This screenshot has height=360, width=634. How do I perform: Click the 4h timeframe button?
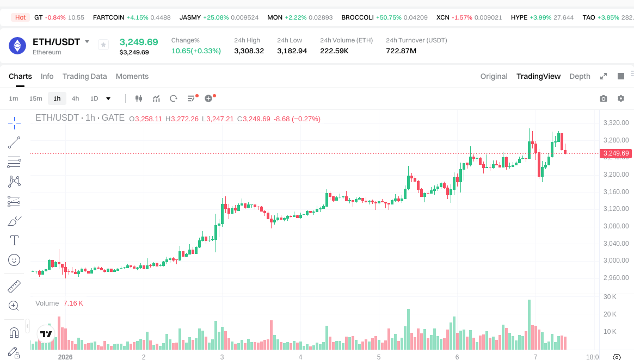[75, 98]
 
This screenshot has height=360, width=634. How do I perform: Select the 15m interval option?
[35, 98]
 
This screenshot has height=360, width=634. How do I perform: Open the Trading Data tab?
[84, 76]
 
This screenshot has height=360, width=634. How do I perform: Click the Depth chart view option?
[580, 76]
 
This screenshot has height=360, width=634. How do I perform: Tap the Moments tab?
[132, 76]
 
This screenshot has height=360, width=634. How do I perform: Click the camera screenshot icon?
[604, 98]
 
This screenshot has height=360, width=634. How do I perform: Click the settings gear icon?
[621, 98]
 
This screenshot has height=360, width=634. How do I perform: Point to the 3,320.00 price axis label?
[616, 123]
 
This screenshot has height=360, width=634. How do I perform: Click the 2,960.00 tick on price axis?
[616, 277]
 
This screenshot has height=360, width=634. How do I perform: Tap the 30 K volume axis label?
[610, 297]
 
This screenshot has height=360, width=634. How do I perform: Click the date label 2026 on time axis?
[65, 357]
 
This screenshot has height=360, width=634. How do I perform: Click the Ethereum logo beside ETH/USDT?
[17, 46]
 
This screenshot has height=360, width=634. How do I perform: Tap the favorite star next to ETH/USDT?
[103, 45]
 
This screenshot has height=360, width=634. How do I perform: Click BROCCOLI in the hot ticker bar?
[357, 17]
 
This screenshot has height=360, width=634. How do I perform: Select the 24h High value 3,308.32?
[249, 51]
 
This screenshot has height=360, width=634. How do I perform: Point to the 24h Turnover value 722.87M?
[401, 51]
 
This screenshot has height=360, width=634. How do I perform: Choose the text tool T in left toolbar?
[14, 240]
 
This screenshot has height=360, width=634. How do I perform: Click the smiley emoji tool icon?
[14, 260]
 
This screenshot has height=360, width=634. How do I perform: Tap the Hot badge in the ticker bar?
[20, 17]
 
